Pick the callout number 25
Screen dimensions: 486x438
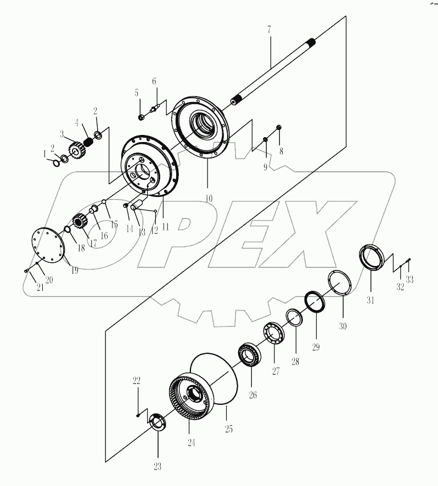[228, 428]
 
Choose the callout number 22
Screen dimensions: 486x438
[137, 381]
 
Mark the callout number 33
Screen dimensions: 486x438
[409, 279]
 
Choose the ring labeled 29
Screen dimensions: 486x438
[315, 302]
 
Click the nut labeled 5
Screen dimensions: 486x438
[142, 116]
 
